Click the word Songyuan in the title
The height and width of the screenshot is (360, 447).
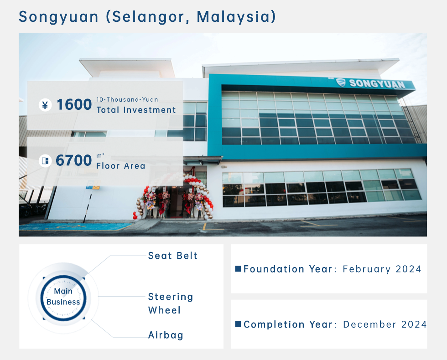(59, 17)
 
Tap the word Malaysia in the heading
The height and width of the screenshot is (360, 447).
(236, 17)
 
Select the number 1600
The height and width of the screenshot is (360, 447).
(74, 105)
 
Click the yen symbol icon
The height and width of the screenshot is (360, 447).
(45, 105)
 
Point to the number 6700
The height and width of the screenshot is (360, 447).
(74, 161)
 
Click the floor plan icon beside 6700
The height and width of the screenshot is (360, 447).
(45, 161)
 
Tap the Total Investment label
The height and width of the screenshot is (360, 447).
(136, 110)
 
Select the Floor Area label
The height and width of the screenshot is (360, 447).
(120, 166)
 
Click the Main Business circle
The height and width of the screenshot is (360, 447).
(63, 297)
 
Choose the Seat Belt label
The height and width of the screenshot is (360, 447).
(173, 256)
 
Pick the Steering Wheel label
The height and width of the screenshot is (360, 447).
(170, 303)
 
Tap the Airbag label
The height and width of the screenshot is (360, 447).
(166, 335)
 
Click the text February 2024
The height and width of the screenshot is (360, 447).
(382, 269)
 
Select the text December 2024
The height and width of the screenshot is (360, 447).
(385, 324)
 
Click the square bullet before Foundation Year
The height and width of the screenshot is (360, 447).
(238, 269)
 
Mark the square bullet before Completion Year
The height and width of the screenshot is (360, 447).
(238, 324)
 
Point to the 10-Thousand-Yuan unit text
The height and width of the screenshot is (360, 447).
(127, 99)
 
